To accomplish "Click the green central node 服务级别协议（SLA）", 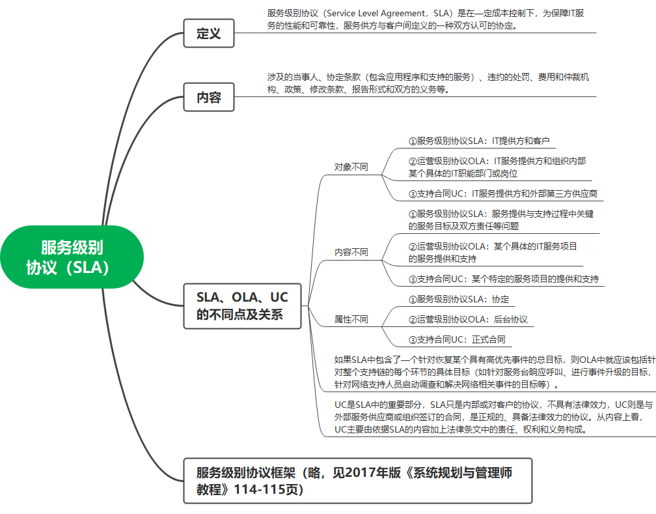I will click(x=72, y=257).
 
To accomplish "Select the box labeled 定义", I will click(x=209, y=33).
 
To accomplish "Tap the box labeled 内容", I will click(x=209, y=98).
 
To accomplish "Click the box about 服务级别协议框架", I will click(x=357, y=481).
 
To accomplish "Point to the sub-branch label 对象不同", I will click(x=351, y=167).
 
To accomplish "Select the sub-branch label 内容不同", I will click(x=351, y=252).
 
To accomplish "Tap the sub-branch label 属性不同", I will click(x=351, y=319).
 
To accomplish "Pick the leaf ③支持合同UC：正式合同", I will click(x=457, y=339).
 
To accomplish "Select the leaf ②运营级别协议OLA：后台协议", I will click(x=468, y=319).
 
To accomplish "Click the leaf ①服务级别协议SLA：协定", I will click(x=459, y=299).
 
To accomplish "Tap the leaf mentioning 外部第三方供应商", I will click(x=502, y=193).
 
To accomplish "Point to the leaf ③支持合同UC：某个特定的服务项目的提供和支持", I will click(x=503, y=279).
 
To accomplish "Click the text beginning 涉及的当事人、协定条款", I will click(x=428, y=83).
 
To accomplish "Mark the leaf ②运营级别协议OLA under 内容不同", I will click(x=493, y=252).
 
